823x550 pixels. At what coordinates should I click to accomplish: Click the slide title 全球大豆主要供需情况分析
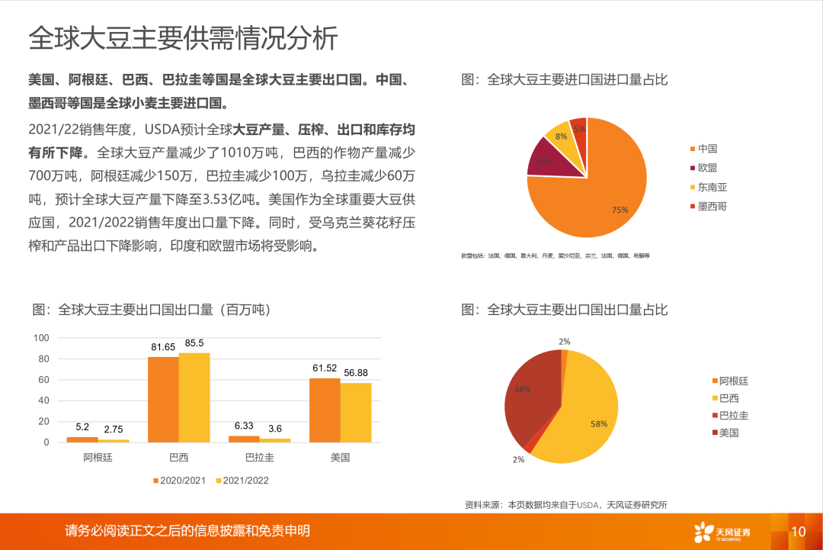183,37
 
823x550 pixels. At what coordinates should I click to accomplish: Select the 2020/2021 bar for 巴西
163,400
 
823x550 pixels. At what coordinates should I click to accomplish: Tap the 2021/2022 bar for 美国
356,413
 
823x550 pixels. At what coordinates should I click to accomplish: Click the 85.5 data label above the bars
194,343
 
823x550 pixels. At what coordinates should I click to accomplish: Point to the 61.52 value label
325,368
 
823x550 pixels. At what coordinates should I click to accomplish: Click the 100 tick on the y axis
42,338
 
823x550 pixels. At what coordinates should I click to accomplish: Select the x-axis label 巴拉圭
259,458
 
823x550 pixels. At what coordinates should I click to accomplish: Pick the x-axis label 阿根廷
98,458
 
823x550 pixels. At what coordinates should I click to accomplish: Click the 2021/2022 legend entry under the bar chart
241,481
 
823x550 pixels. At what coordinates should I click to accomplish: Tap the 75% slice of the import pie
602,198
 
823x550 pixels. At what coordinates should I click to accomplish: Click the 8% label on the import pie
561,137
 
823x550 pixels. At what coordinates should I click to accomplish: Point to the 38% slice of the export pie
530,393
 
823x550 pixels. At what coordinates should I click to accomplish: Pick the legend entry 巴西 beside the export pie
724,398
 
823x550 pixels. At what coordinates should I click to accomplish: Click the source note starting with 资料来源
566,504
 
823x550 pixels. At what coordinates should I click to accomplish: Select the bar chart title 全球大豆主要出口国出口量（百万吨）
152,310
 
